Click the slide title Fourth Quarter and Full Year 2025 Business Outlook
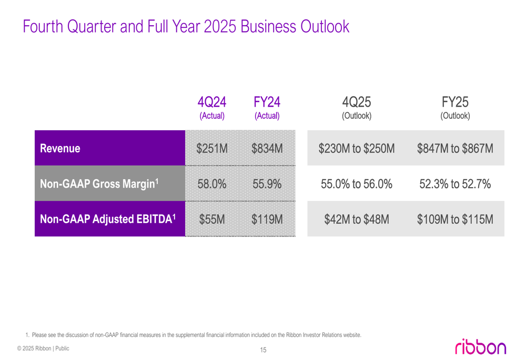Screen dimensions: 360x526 [186, 26]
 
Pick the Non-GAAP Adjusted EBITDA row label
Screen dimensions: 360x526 [108, 219]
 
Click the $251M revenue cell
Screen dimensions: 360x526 [212, 149]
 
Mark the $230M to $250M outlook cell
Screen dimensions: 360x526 [357, 149]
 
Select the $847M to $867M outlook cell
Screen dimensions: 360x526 [455, 149]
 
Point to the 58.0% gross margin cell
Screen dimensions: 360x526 [212, 184]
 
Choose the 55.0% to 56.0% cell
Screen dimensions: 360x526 [357, 184]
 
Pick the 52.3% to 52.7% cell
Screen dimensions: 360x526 [455, 184]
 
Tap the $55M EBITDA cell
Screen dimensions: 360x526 [212, 219]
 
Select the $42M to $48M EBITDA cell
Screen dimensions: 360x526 [357, 219]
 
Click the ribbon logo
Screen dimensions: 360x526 [481, 346]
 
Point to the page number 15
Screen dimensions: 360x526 [263, 350]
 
